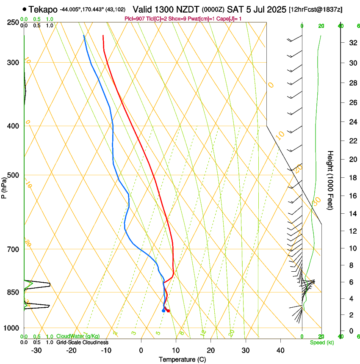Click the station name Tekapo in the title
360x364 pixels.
(43, 9)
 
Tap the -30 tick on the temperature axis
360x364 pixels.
(36, 350)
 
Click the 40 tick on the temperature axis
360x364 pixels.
(280, 350)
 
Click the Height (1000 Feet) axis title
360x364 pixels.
(331, 180)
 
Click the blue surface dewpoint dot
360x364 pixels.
(163, 311)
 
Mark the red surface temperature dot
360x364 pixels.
(169, 311)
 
